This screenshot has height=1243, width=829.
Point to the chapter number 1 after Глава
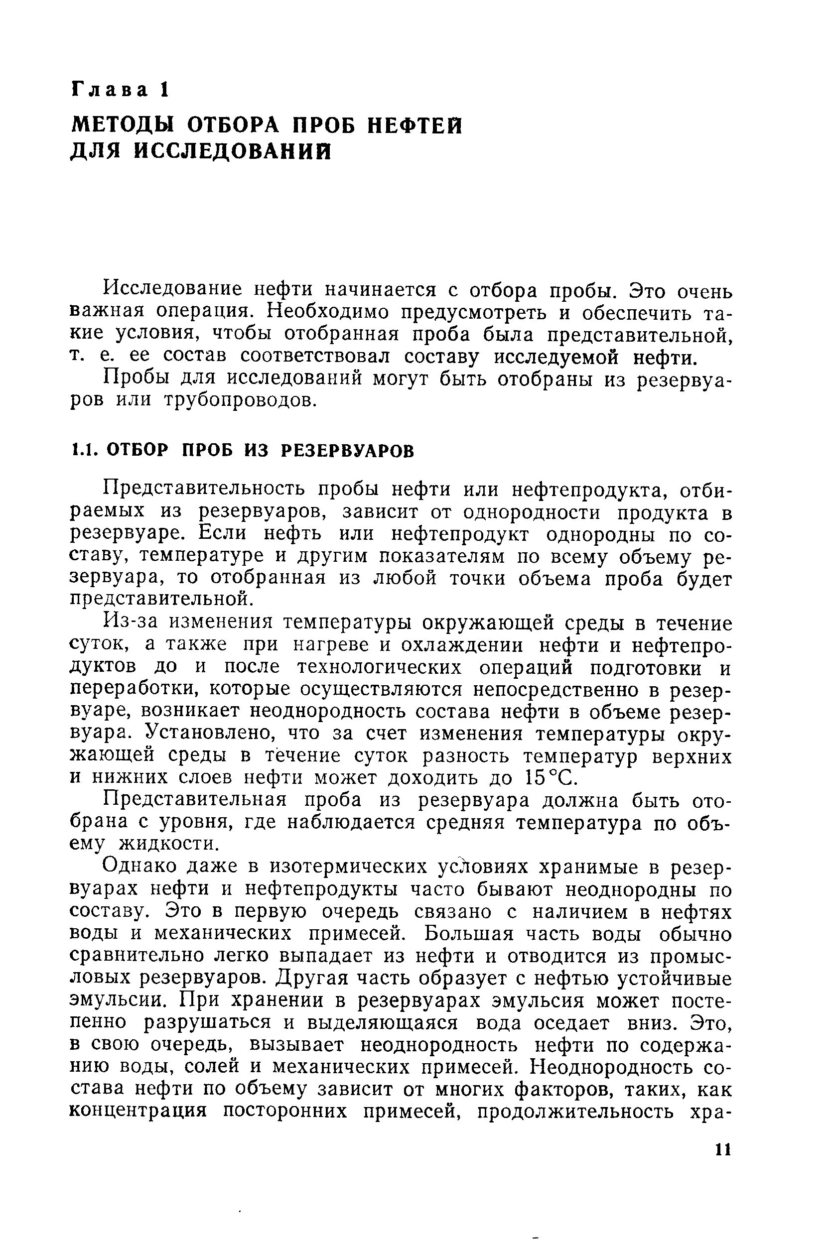pos(164,90)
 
